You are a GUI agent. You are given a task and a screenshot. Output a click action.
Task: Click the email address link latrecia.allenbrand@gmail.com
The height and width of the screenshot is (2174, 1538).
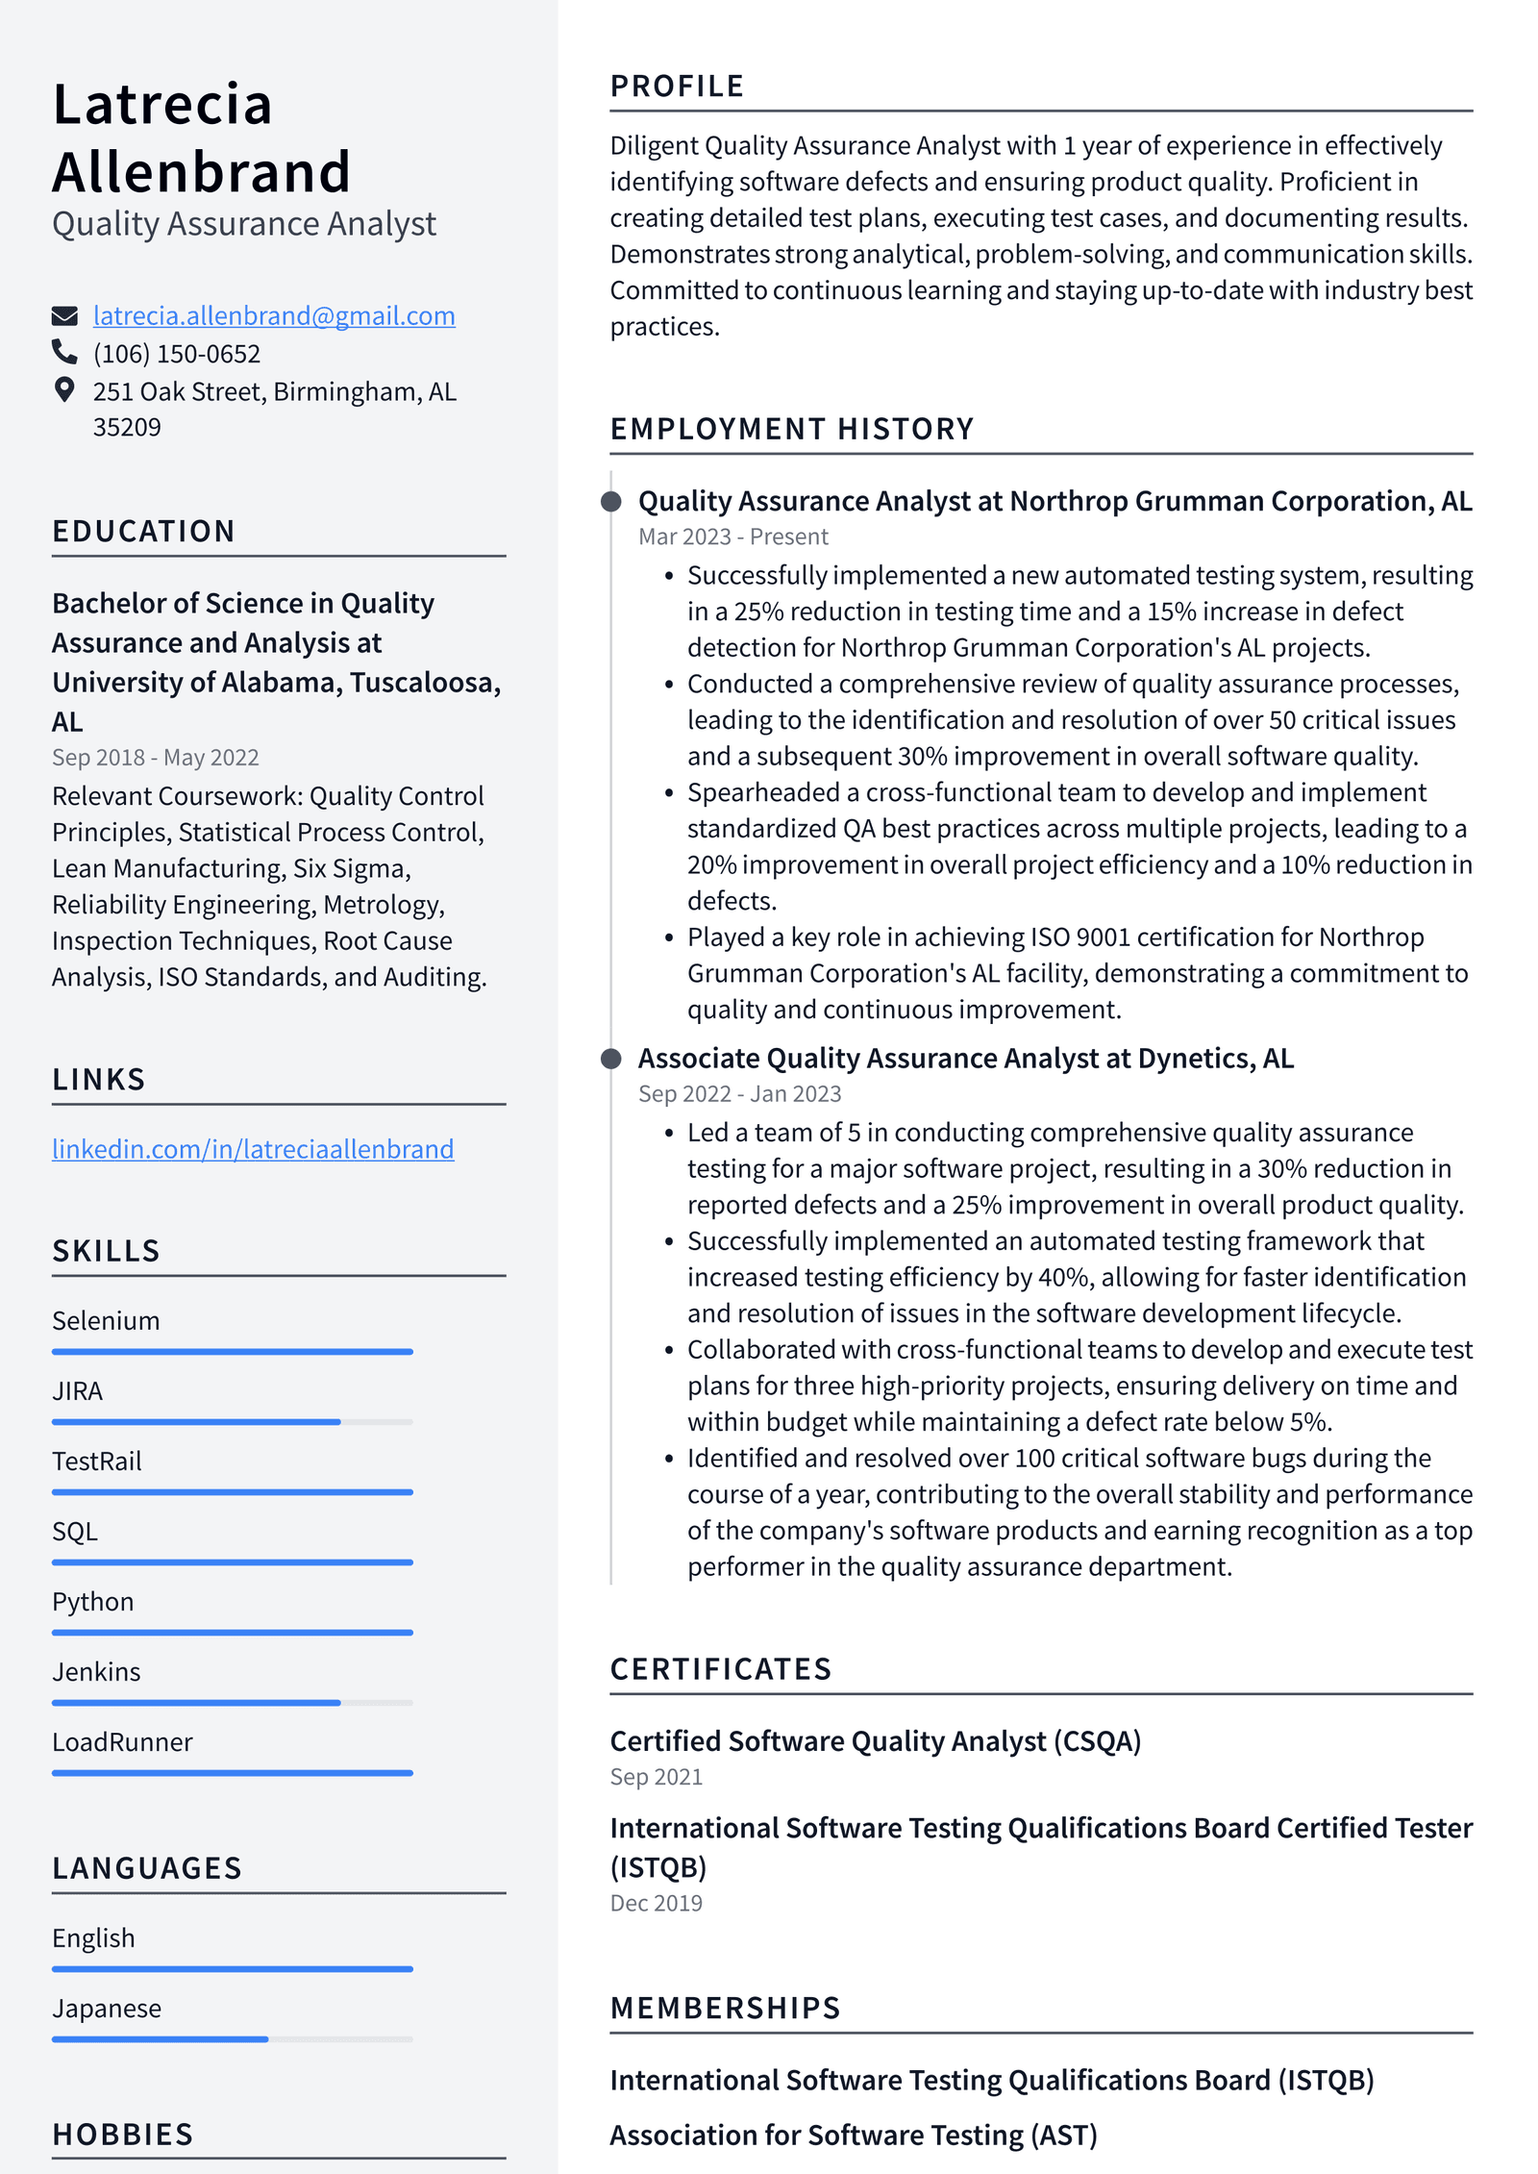[274, 315]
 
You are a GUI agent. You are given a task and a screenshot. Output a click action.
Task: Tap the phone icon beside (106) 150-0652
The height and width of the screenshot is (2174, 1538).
[64, 352]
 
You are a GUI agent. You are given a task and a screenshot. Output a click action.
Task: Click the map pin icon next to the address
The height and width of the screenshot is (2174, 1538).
[64, 389]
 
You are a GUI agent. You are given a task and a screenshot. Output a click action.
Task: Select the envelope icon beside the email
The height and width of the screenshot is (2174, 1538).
[64, 315]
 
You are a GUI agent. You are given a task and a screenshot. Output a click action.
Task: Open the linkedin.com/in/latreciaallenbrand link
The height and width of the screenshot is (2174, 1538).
[253, 1149]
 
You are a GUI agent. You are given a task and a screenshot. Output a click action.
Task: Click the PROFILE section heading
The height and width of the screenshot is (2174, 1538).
[677, 87]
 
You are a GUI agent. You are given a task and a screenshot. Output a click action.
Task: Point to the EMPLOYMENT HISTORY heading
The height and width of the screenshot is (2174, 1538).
[792, 429]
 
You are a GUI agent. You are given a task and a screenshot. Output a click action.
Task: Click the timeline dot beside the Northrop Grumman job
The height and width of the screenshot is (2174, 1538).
[610, 501]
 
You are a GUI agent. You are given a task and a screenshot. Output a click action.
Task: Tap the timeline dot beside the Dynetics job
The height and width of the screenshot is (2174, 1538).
[610, 1059]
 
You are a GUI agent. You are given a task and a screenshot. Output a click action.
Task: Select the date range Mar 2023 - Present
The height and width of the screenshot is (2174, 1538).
[732, 537]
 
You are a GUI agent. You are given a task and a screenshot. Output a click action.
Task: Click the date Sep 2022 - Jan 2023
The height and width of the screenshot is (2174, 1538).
[739, 1094]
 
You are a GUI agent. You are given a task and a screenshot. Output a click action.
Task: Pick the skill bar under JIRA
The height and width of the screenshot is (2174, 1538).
[232, 1421]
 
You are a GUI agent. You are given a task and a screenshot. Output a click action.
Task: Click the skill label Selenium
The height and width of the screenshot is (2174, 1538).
[106, 1321]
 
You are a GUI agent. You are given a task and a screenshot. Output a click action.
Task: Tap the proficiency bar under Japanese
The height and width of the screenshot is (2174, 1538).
[232, 2039]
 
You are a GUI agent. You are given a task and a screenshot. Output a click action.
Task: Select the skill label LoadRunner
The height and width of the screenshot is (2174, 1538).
[122, 1742]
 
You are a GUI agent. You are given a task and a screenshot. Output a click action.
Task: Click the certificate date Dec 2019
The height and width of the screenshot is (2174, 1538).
[656, 1903]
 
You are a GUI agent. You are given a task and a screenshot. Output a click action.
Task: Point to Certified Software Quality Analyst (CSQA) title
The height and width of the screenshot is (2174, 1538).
[875, 1741]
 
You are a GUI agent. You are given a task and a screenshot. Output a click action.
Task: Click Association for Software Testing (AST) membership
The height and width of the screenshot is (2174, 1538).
[853, 2136]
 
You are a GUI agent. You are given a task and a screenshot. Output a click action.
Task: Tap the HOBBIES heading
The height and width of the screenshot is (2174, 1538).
[123, 2135]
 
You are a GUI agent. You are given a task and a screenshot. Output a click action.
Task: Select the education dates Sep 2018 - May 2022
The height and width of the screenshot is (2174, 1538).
[155, 758]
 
